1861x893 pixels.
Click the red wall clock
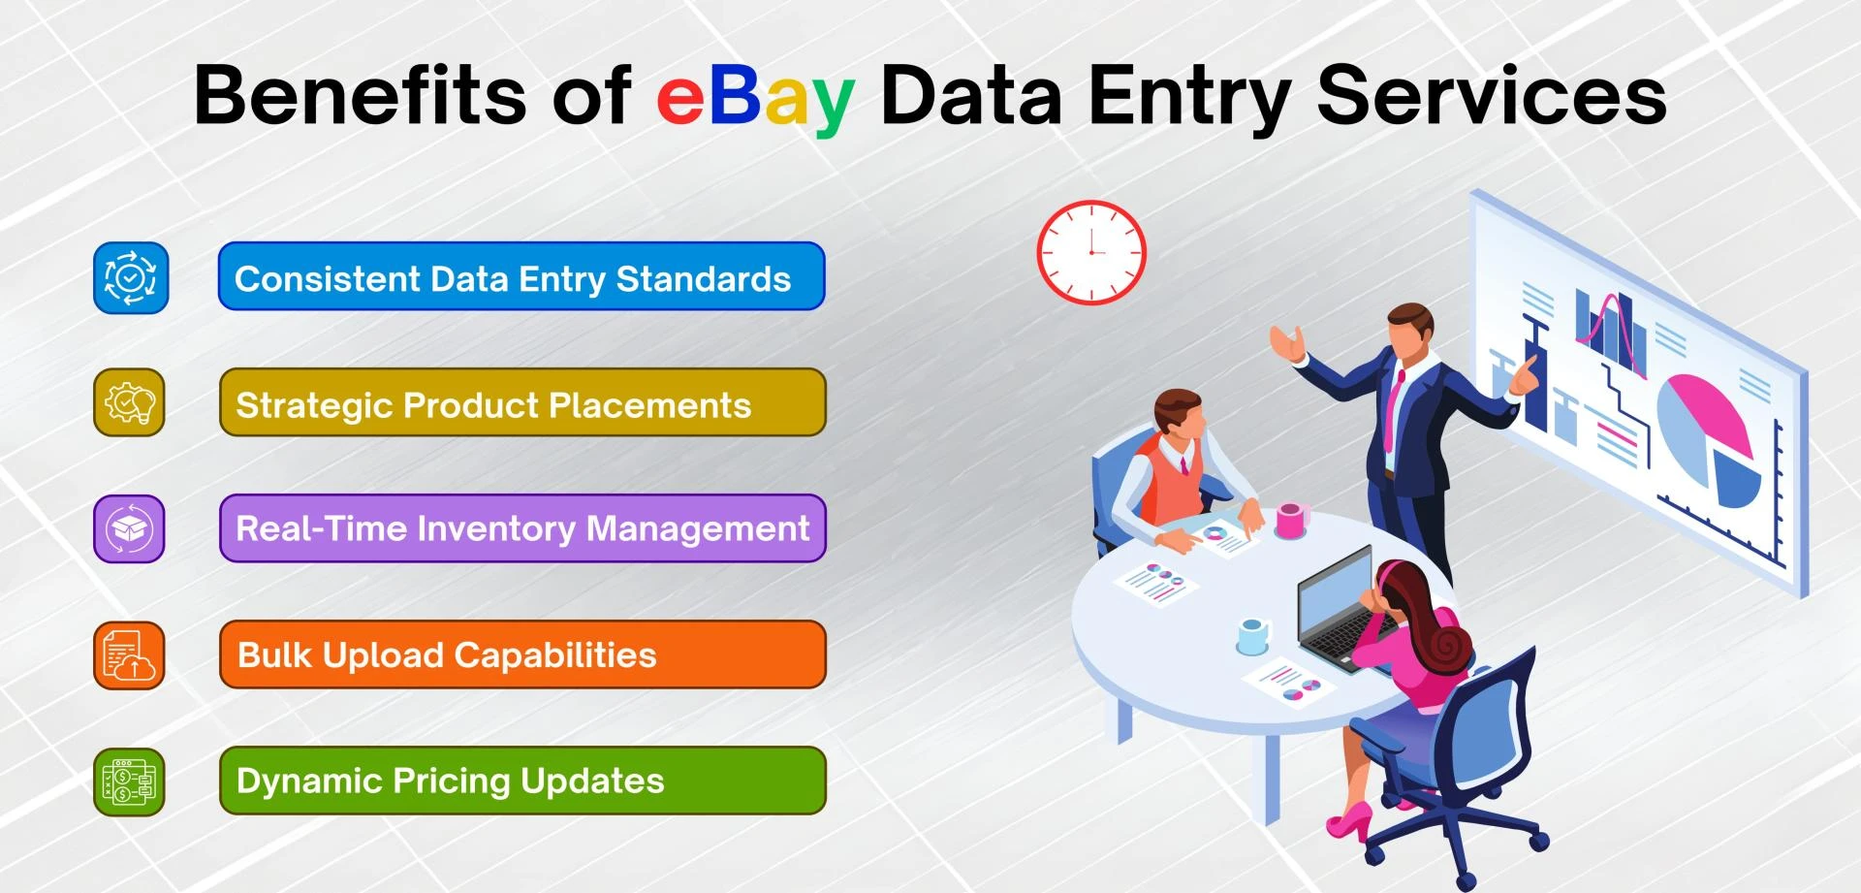click(x=1091, y=252)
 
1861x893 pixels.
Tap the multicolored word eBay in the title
click(x=755, y=97)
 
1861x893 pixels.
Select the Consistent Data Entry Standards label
click(x=521, y=277)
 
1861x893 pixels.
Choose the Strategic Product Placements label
click(x=522, y=403)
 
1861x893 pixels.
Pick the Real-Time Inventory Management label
click(x=522, y=529)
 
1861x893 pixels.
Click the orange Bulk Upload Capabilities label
click(x=522, y=655)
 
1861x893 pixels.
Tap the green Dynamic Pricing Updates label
click(x=522, y=781)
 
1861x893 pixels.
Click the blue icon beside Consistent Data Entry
click(x=131, y=278)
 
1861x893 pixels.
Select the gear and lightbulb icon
click(x=130, y=402)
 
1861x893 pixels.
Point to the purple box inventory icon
click(x=130, y=529)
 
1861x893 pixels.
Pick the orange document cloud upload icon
click(x=130, y=655)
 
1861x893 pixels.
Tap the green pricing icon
click(x=130, y=781)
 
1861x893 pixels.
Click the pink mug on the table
click(x=1291, y=520)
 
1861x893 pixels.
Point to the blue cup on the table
click(x=1252, y=636)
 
